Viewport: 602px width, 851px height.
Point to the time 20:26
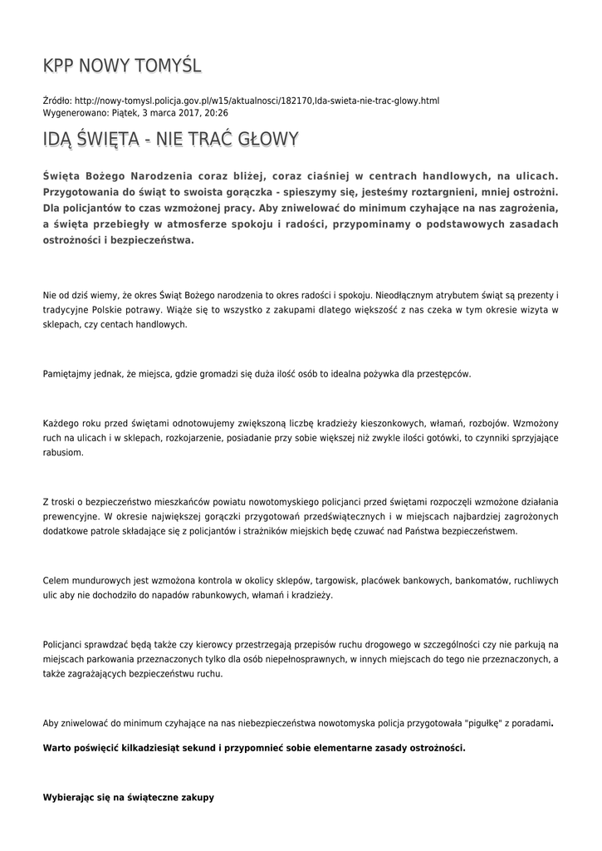216,112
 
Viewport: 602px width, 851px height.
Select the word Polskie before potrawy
103,310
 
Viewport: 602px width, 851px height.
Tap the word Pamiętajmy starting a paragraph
71,374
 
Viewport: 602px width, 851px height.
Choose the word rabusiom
62,454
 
